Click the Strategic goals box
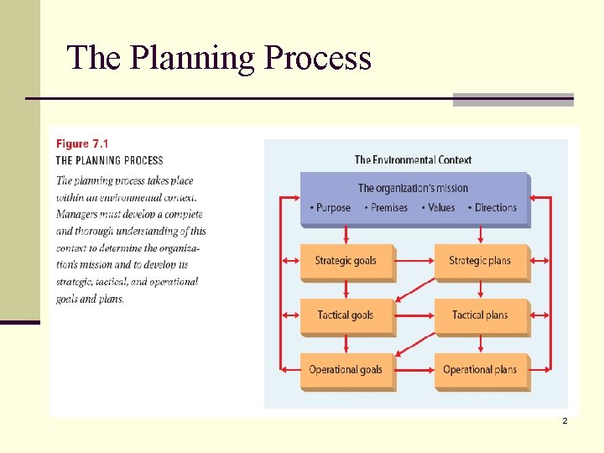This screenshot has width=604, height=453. point(346,261)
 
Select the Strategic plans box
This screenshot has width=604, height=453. point(480,261)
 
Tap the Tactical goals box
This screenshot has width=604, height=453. point(346,315)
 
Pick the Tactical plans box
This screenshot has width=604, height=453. point(480,315)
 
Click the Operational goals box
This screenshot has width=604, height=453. point(346,370)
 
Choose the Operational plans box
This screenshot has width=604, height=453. point(480,370)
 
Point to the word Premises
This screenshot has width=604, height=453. point(388,208)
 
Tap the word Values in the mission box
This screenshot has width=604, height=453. point(440,208)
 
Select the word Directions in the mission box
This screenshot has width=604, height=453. point(496,208)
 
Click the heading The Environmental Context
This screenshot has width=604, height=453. point(413,159)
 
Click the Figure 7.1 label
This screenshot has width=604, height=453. point(83,143)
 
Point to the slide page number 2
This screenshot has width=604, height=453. point(565,420)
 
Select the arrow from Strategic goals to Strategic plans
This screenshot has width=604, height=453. point(413,261)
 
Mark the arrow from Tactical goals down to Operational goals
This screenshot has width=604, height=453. point(346,344)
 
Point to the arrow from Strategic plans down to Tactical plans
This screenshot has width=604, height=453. point(480,289)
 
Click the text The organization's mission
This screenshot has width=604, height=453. point(413,188)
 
